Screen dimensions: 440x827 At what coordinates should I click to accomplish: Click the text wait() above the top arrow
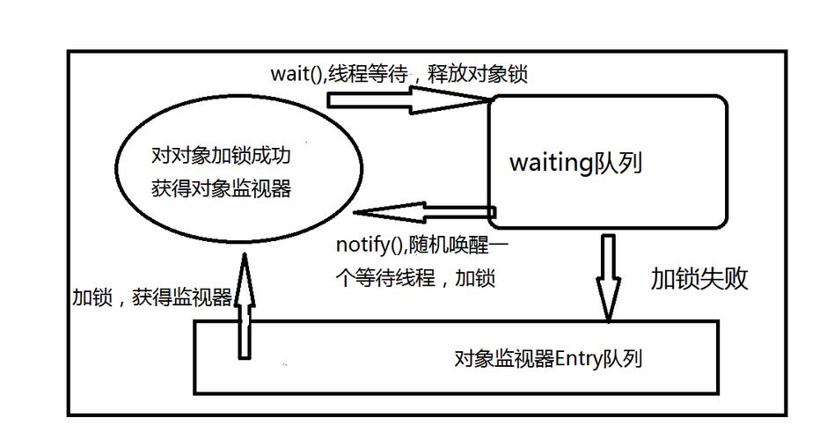click(x=296, y=74)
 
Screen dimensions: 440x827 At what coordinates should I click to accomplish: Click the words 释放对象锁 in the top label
click(x=487, y=74)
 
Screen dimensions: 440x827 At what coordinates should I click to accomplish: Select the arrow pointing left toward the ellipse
click(x=422, y=213)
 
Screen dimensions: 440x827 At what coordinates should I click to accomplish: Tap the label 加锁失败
click(x=699, y=279)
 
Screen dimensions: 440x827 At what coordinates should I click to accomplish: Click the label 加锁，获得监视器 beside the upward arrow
click(x=151, y=299)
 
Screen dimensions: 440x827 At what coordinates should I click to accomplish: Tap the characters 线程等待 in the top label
click(x=370, y=74)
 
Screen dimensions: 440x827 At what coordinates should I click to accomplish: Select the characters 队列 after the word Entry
click(x=623, y=359)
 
